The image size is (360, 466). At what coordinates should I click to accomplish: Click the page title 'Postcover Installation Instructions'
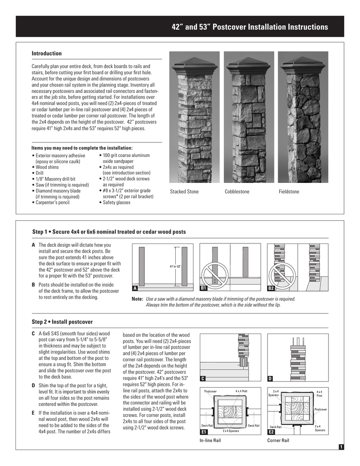249,27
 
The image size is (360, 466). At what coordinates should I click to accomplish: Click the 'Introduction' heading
46,54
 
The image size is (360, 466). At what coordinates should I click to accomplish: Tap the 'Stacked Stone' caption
184,192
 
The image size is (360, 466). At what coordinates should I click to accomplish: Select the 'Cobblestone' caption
237,192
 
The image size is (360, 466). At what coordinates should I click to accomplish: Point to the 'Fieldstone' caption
289,192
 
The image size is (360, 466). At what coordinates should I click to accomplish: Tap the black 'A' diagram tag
135,289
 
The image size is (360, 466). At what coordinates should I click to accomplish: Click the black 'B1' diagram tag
204,289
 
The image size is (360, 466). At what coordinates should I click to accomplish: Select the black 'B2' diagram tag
271,289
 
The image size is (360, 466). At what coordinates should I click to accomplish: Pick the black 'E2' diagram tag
271,431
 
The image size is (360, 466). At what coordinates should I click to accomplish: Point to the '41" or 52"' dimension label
175,266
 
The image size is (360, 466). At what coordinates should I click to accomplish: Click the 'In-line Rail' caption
210,441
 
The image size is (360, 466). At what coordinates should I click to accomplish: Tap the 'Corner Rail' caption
278,441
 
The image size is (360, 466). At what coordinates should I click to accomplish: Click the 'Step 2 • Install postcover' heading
62,322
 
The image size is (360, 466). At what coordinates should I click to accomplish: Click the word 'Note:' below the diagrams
137,299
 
